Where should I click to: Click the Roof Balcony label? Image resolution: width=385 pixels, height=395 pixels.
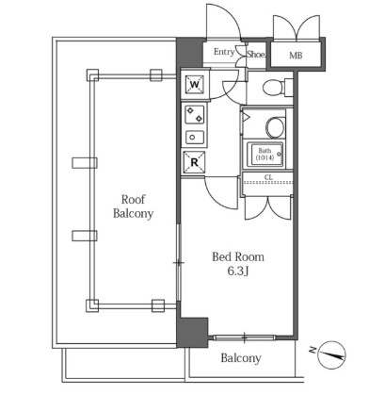[133, 206]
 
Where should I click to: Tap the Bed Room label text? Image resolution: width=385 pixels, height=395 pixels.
[238, 257]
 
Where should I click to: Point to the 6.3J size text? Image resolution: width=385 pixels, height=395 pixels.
[238, 272]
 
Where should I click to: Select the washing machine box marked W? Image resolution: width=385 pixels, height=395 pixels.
[195, 85]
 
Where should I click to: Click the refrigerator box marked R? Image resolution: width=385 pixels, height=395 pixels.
[195, 162]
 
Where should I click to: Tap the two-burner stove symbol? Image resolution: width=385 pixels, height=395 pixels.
[195, 115]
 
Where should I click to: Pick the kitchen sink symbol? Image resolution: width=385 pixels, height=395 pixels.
[195, 138]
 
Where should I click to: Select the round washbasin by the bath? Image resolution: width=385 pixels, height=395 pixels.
[275, 127]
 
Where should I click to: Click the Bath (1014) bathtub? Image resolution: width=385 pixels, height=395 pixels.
[265, 155]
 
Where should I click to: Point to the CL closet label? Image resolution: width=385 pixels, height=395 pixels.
[268, 177]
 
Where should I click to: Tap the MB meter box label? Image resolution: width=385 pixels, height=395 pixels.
[296, 56]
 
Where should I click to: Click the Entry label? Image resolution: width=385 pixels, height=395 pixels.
[224, 52]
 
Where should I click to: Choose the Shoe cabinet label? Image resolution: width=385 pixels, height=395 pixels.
[256, 55]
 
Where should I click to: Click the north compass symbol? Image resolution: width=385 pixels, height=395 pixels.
[331, 354]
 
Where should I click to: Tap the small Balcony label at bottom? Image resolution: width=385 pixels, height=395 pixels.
[241, 358]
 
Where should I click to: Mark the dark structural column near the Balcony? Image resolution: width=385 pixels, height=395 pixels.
[192, 332]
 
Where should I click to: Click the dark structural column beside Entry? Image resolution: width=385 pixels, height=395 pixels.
[189, 53]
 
